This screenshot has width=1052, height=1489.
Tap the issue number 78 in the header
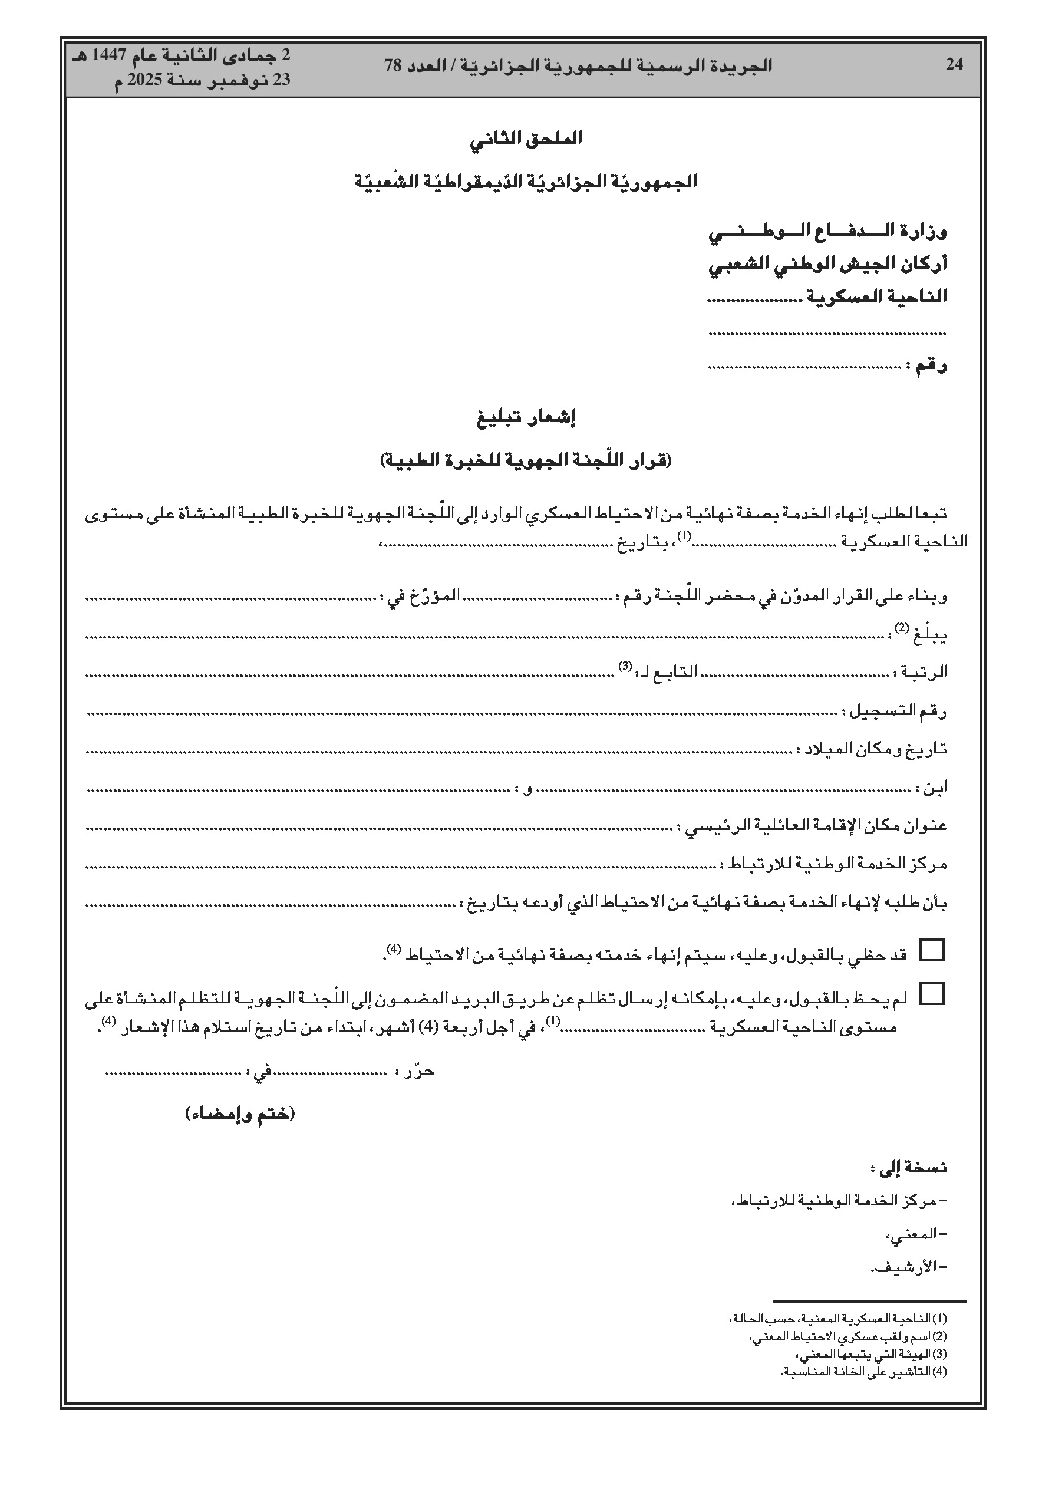coord(393,65)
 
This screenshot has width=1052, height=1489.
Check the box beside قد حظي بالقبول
coord(933,950)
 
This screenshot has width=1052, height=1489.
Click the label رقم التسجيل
coord(896,712)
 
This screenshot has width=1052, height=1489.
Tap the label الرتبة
coord(922,673)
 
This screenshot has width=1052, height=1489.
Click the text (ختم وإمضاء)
coord(240,1114)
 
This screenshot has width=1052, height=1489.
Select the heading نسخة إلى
coord(909,1168)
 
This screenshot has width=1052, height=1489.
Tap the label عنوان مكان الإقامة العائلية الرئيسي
coord(814,826)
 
